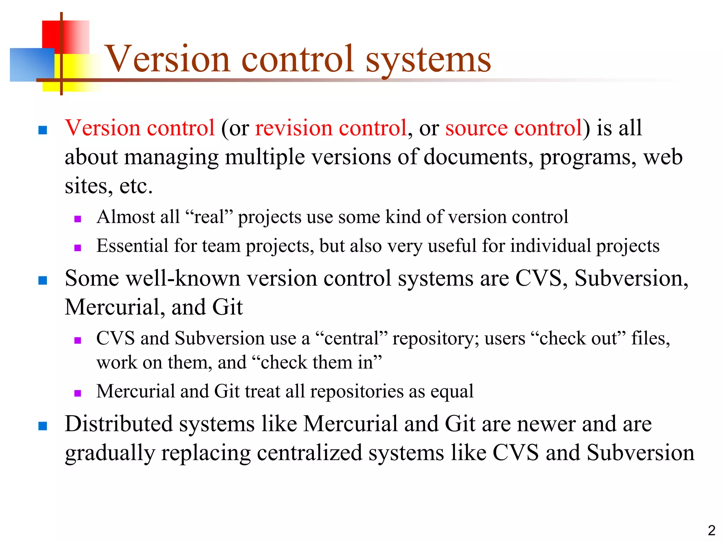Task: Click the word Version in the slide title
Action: (168, 59)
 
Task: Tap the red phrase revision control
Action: (331, 128)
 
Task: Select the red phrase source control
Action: (514, 128)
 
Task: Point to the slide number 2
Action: (711, 530)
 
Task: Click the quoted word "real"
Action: (209, 217)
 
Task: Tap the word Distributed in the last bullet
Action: (119, 424)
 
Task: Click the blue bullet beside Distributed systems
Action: (43, 426)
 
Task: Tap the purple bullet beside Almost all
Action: (78, 219)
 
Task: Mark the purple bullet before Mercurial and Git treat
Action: (78, 393)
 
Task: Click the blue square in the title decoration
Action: (32, 65)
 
